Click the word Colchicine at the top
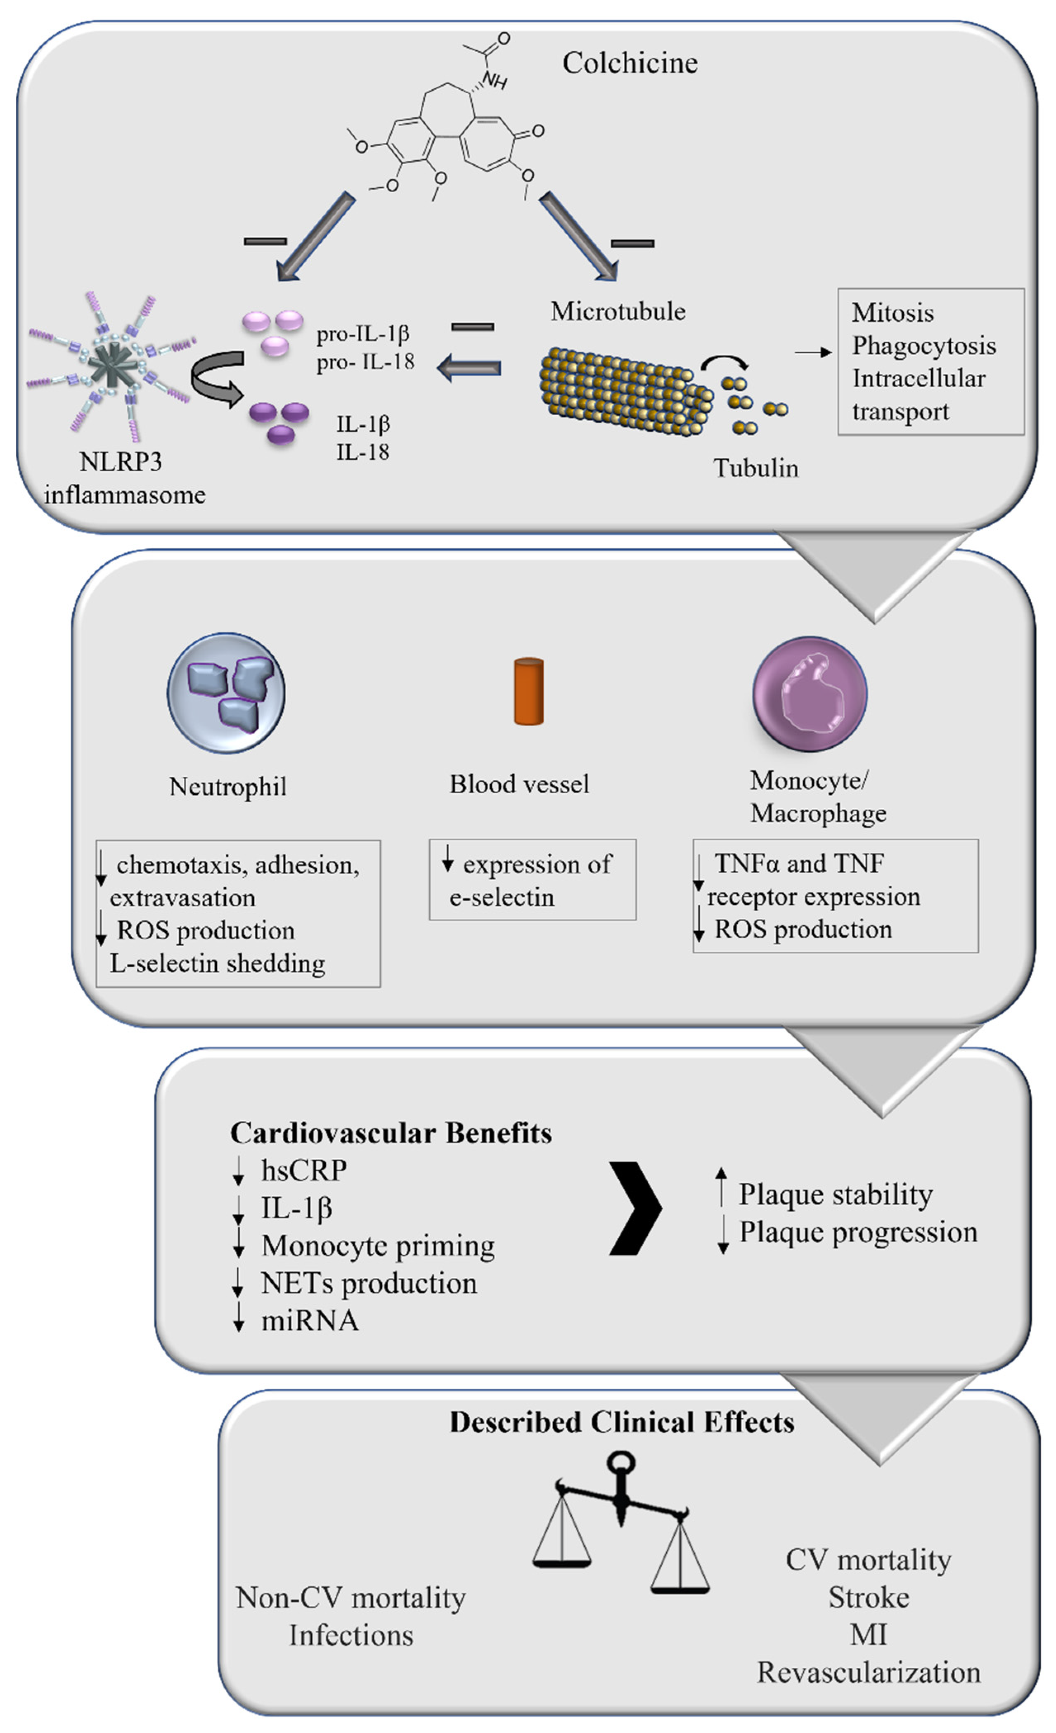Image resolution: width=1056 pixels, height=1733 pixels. coord(630,63)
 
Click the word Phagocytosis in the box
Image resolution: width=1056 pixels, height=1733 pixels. coord(924,345)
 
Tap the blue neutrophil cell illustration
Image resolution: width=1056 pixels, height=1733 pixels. coord(226,693)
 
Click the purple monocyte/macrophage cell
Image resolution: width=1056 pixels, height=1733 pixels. coord(809,693)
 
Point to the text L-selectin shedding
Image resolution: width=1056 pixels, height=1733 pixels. coord(218,963)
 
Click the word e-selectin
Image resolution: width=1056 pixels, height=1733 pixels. coord(502,897)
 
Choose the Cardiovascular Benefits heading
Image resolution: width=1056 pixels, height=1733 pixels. coord(391,1133)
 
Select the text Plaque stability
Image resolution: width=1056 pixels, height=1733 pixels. coord(835,1194)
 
